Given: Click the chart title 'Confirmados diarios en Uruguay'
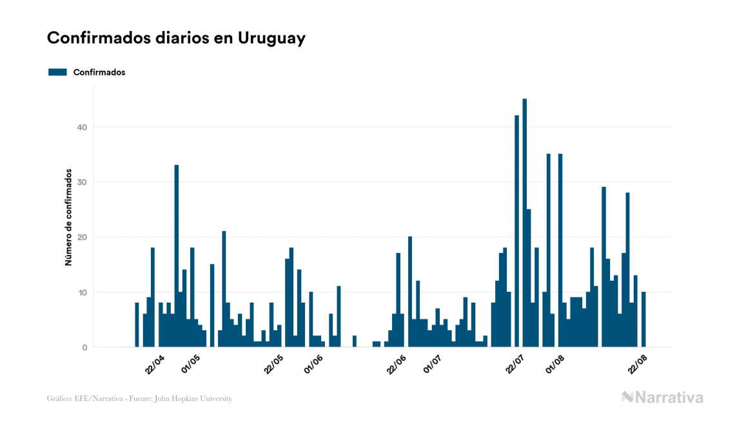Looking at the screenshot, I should (176, 38).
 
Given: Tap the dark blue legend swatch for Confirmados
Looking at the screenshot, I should (57, 72).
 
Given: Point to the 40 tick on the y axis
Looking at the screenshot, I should (81, 127).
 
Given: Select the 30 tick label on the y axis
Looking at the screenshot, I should (81, 182).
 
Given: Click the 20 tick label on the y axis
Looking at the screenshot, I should (81, 238).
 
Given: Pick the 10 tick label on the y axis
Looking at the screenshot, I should (81, 292).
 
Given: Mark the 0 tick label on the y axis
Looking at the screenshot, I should (84, 348).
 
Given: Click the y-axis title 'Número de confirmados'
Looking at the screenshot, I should (68, 218).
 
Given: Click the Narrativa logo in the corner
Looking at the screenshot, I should (662, 397).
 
